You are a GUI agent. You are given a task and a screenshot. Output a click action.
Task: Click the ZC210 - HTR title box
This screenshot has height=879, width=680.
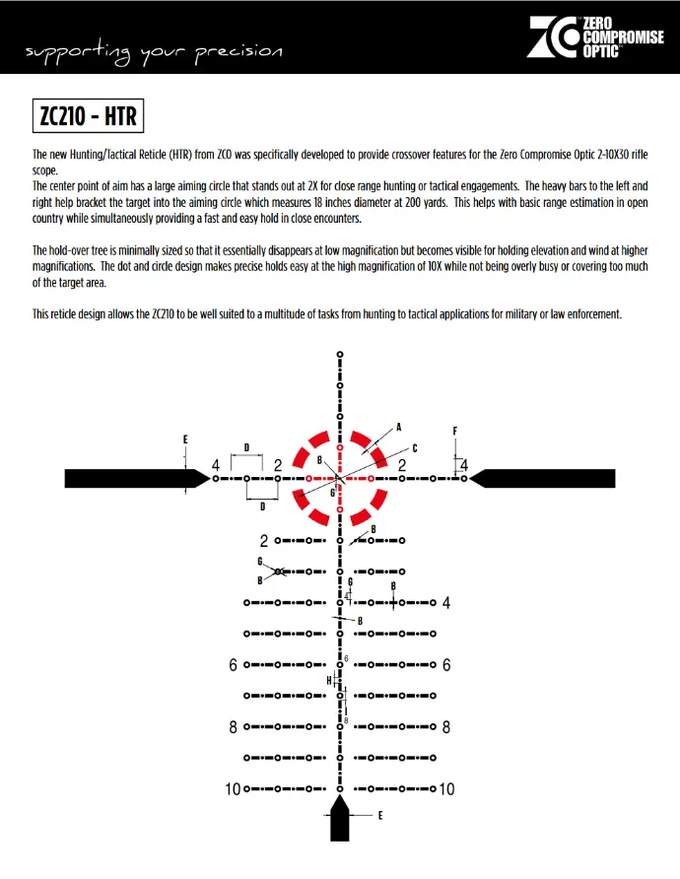[89, 116]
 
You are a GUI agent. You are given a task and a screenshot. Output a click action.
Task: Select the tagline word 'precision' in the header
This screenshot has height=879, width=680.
[241, 50]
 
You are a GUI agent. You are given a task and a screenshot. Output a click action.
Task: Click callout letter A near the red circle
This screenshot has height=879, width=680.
[399, 427]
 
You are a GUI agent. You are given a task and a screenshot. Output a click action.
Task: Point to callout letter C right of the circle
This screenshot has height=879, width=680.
[414, 447]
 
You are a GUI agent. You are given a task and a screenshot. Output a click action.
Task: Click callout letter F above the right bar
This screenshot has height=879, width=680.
[455, 431]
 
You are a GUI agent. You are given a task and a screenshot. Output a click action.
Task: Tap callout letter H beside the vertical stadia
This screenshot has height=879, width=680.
[329, 680]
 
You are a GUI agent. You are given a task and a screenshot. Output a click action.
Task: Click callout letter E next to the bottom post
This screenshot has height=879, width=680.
[380, 816]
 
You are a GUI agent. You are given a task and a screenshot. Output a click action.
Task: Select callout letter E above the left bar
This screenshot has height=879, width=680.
[185, 439]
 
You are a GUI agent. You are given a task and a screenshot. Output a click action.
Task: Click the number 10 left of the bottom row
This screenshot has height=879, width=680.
[233, 789]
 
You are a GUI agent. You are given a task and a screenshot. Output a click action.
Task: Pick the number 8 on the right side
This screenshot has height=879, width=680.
[446, 727]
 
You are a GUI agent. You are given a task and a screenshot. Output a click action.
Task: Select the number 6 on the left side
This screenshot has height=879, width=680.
[234, 665]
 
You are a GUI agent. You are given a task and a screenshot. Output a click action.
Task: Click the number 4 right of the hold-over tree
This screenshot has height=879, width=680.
[446, 603]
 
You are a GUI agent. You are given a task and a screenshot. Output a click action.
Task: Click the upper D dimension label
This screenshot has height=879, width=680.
[246, 447]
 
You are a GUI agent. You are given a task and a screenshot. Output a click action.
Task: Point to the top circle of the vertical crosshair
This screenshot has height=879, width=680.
[340, 353]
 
